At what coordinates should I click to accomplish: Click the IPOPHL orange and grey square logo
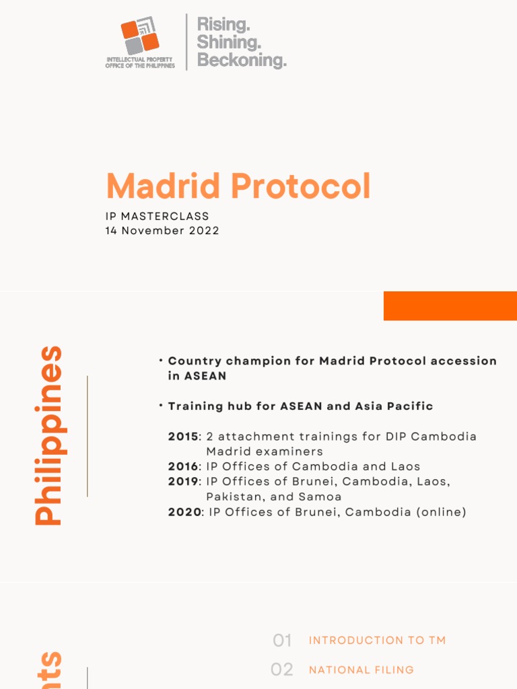140,37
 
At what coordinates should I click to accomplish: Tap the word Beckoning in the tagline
241,61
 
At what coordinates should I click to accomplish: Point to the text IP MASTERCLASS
157,217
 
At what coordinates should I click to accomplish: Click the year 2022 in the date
205,230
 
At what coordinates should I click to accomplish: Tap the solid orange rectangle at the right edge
450,305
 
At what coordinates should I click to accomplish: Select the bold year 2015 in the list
183,436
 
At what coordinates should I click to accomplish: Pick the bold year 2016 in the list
183,466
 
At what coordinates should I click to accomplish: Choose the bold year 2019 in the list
183,482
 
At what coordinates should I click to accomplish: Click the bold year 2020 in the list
183,512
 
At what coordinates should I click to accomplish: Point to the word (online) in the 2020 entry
441,512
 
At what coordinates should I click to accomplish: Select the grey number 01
282,641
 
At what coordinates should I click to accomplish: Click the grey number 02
282,669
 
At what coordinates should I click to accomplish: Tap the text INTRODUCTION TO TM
377,641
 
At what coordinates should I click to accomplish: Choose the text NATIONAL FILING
361,669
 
